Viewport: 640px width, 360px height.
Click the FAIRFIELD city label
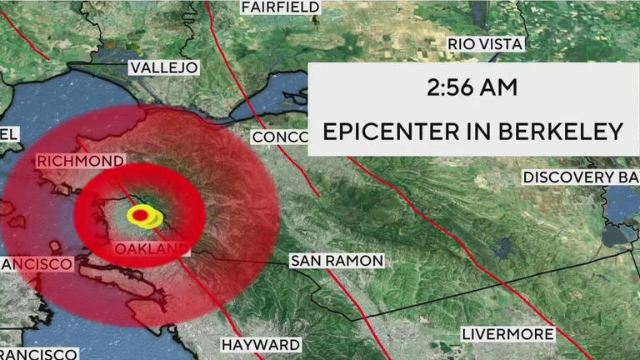tap(280, 7)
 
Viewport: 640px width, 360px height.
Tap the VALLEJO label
tap(163, 67)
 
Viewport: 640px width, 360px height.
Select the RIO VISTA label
tap(486, 43)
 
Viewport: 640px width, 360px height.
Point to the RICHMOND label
tap(80, 161)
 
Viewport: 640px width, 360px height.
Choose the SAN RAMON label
tap(337, 261)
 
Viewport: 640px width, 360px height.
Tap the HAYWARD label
tap(260, 344)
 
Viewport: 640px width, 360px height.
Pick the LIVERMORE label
tap(508, 334)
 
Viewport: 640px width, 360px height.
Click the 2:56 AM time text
tap(472, 87)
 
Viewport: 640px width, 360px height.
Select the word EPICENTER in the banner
tap(392, 132)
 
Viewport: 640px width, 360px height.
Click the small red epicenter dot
tap(141, 217)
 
